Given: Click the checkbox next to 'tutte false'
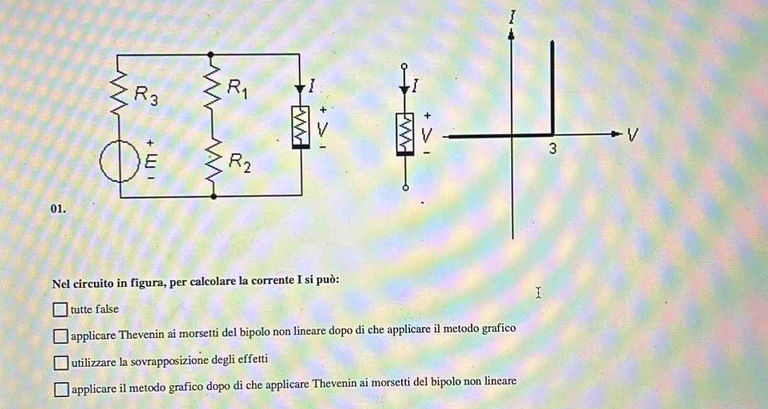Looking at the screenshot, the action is tap(59, 309).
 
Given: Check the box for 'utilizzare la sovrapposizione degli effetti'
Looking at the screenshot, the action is tap(60, 362).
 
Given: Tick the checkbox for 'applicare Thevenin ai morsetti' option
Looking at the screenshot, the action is tap(60, 335).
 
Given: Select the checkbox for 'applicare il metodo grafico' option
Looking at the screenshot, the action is tap(61, 388).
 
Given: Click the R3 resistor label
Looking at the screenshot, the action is tap(146, 95).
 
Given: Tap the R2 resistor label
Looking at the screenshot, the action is tap(240, 163).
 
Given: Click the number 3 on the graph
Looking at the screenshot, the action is tap(552, 149).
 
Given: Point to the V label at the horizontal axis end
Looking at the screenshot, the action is tap(634, 134).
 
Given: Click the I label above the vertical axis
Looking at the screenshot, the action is tap(512, 17).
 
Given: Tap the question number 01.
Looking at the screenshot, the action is tap(58, 208).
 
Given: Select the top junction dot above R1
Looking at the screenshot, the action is tap(211, 54).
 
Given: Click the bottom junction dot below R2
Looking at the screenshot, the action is tap(213, 197).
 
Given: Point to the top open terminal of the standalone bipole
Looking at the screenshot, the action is tap(404, 65).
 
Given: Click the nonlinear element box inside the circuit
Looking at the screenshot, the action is tap(301, 127).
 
